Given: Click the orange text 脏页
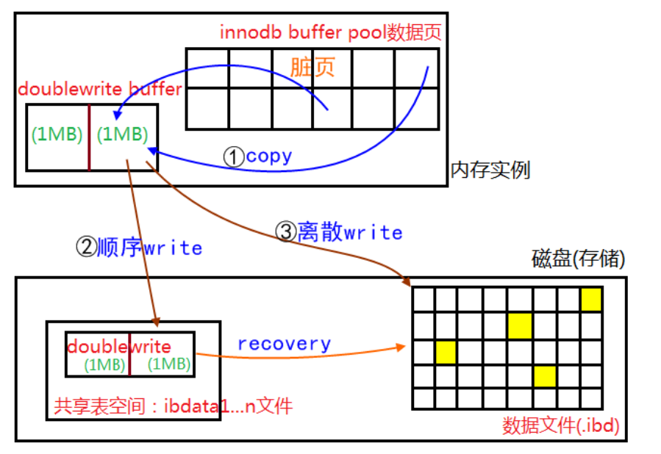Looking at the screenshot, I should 312,68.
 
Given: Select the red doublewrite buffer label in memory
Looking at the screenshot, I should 99,90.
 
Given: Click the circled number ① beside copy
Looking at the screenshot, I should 234,156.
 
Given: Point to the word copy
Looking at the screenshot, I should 269,156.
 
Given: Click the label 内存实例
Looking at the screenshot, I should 490,170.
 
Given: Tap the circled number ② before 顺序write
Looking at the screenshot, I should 86,248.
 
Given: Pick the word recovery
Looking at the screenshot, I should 284,344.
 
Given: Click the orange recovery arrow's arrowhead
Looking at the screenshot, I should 404,345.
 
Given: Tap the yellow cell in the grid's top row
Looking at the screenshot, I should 591,300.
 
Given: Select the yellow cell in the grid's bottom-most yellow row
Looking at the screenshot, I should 544,376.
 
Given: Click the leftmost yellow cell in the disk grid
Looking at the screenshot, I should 446,352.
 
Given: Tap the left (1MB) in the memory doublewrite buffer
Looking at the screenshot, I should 57,135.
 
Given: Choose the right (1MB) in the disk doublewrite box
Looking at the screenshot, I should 168,364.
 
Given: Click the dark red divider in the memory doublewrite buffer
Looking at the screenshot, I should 89,137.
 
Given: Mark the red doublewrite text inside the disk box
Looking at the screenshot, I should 119,347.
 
